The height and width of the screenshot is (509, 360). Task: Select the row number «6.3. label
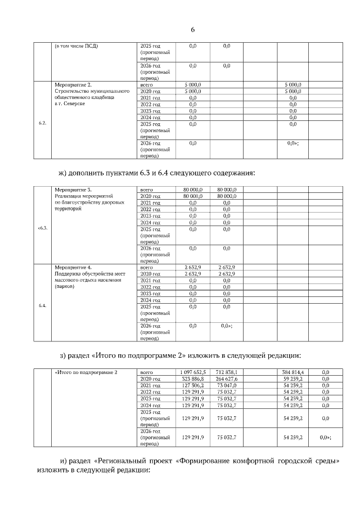pos(42,228)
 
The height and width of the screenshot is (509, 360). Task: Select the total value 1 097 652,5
pos(193,372)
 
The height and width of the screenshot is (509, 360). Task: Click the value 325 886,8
pos(193,379)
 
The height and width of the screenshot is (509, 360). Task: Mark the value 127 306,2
pos(193,386)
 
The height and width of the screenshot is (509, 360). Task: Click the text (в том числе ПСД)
pos(76,46)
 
